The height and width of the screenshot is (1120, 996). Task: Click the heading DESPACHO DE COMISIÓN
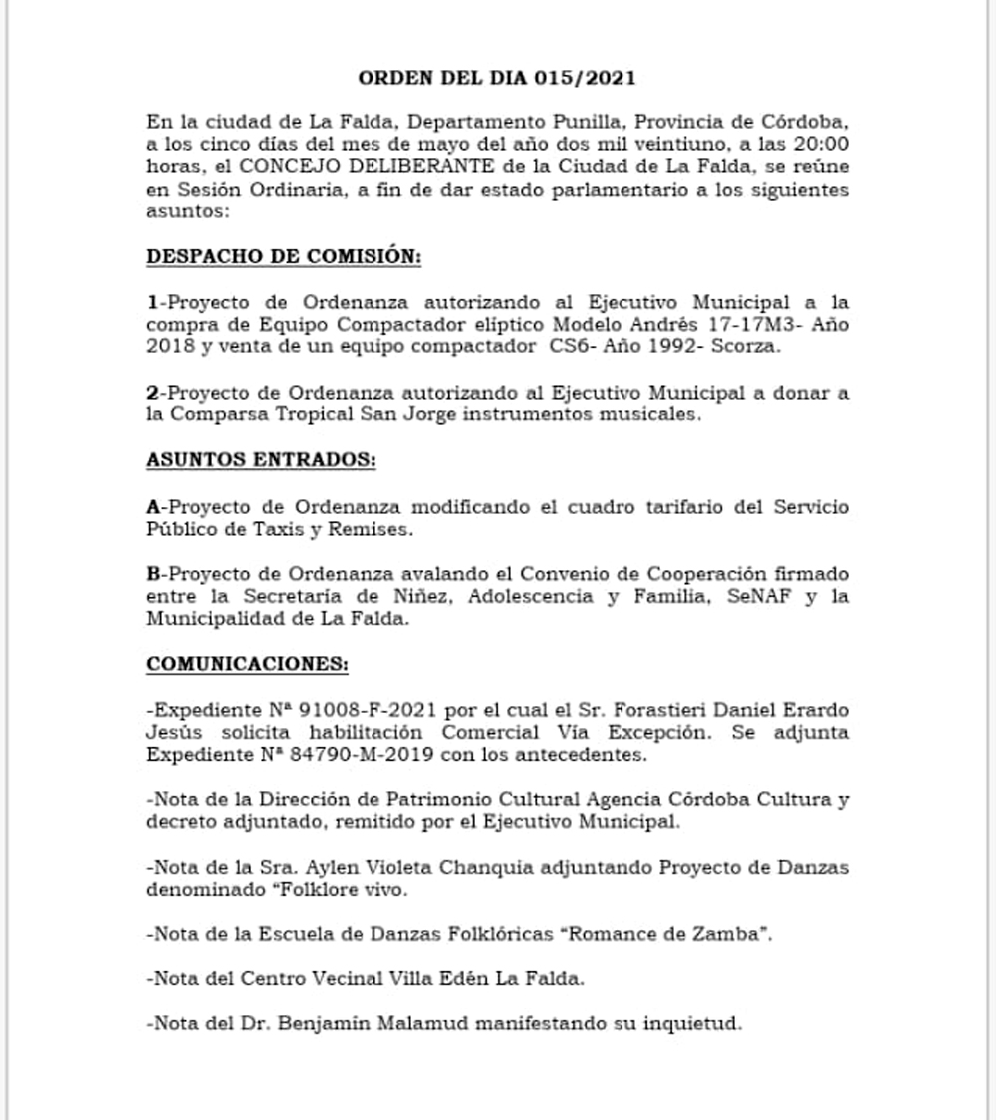[x=284, y=256]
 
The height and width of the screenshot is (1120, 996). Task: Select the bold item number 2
[x=152, y=394]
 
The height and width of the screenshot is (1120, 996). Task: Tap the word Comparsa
[x=219, y=415]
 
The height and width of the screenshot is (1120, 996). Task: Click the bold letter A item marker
[x=152, y=507]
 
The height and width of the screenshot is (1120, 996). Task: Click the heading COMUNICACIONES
[x=248, y=663]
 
